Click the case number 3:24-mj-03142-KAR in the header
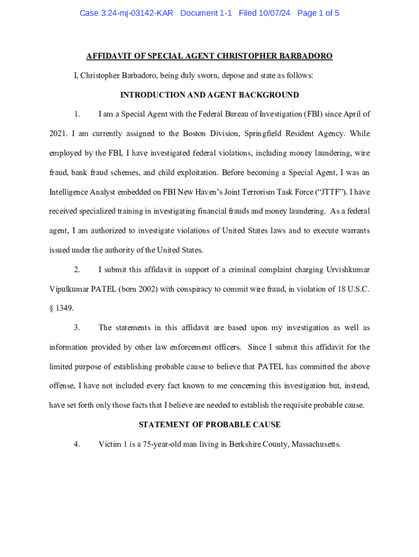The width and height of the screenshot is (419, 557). [x=126, y=13]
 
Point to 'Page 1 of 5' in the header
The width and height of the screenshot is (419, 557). [x=318, y=13]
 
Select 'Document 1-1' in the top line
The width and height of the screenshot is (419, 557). [x=206, y=13]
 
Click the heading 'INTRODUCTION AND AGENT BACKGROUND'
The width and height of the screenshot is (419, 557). [x=209, y=95]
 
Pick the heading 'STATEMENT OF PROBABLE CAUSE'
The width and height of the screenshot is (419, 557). [x=209, y=425]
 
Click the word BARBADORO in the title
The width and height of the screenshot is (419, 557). [x=306, y=57]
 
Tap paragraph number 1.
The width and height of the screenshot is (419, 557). [x=77, y=114]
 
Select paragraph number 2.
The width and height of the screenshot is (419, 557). [x=77, y=270]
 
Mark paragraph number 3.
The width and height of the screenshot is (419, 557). [x=77, y=328]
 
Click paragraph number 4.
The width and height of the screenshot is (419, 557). [x=77, y=444]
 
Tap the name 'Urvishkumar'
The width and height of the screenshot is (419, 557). [x=348, y=270]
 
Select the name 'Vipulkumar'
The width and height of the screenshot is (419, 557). [x=69, y=289]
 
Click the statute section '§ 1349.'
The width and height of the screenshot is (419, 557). [x=61, y=308]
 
